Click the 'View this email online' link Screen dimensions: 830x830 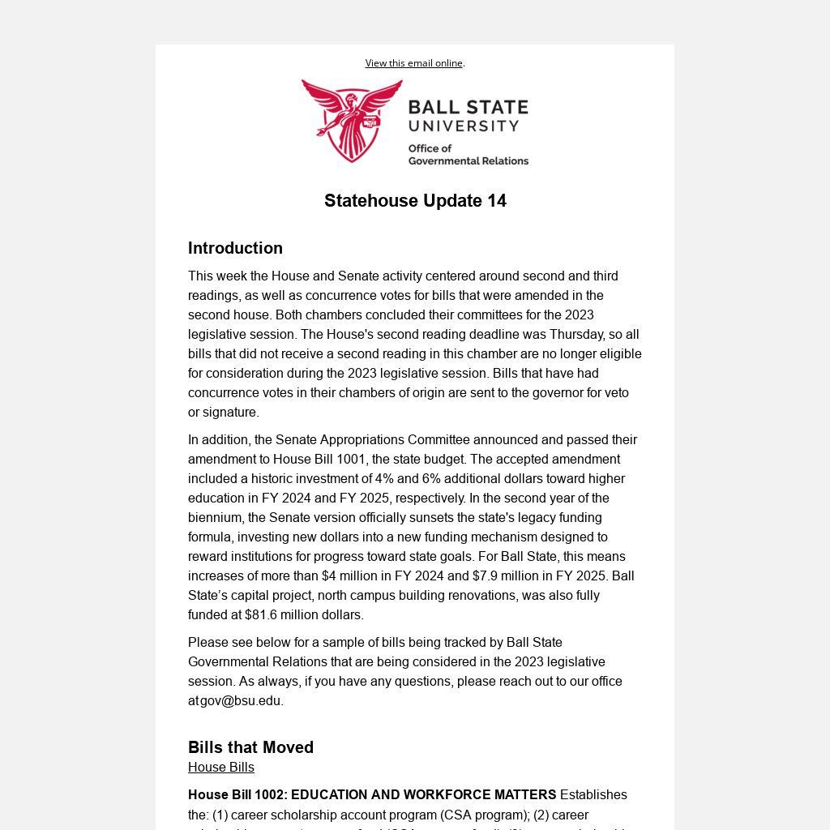coord(413,63)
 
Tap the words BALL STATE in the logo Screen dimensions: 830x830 coord(468,108)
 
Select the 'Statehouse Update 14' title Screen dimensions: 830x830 coord(415,201)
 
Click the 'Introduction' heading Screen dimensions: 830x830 coord(235,248)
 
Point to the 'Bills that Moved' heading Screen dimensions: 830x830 coord(250,747)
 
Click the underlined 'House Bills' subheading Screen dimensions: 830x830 coord(221,768)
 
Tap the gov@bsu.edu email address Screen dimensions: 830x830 coord(242,701)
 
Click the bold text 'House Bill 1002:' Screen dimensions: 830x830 coord(237,795)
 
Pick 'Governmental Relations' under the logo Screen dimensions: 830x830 coord(468,161)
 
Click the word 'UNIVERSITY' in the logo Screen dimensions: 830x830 coord(464,126)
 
